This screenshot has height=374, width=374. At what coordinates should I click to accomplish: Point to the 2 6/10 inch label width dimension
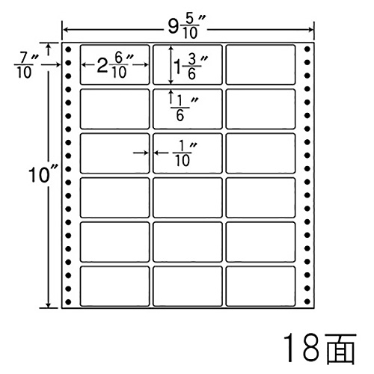point(115,66)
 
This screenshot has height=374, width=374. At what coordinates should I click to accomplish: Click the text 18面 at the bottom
point(319,348)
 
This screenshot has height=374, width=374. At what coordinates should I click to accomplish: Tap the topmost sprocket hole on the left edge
point(68,49)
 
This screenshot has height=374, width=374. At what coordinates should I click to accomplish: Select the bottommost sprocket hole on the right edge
point(307,301)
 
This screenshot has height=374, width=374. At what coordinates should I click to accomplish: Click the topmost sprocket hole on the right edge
point(307,49)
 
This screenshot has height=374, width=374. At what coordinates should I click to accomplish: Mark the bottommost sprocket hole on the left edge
point(68,302)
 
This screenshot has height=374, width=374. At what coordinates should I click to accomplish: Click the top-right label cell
point(260,64)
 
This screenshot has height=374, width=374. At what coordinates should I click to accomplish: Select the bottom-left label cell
point(114,286)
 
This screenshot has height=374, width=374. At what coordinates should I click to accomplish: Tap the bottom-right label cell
point(260,286)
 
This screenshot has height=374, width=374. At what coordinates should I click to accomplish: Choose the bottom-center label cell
point(188,286)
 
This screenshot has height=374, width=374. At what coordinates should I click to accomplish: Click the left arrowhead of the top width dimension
point(65,30)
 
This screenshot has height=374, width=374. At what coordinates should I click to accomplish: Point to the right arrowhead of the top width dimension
point(310,30)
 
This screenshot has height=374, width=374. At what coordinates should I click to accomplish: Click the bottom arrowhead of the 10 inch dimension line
point(49,305)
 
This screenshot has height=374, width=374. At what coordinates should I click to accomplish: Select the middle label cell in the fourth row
point(188,197)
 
